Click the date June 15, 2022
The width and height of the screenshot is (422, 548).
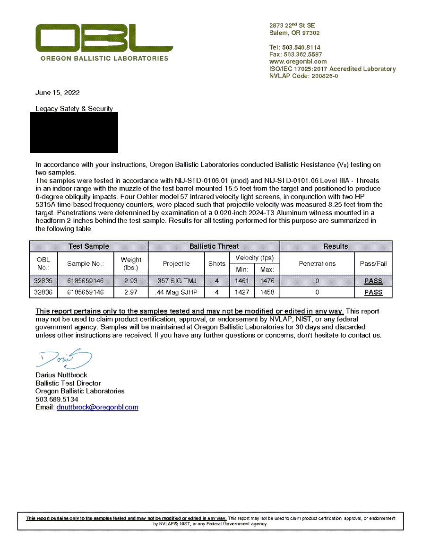pyautogui.click(x=58, y=93)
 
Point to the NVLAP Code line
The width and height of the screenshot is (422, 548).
pyautogui.click(x=303, y=76)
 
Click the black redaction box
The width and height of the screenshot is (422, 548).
pyautogui.click(x=74, y=132)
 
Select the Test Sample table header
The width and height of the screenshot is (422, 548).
pyautogui.click(x=88, y=246)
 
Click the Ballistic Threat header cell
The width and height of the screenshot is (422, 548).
pyautogui.click(x=214, y=246)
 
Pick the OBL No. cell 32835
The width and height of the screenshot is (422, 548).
pyautogui.click(x=43, y=281)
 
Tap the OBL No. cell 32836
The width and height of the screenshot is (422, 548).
pyautogui.click(x=43, y=292)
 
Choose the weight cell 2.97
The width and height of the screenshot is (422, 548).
pyautogui.click(x=131, y=292)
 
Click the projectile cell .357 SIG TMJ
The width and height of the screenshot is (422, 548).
pyautogui.click(x=176, y=281)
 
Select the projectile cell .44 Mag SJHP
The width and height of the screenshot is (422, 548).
pyautogui.click(x=176, y=292)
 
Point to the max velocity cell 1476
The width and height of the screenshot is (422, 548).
pyautogui.click(x=267, y=281)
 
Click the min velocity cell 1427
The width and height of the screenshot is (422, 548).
pyautogui.click(x=241, y=292)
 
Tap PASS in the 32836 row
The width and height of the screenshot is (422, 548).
pyautogui.click(x=373, y=292)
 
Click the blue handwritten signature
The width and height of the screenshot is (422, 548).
pyautogui.click(x=64, y=360)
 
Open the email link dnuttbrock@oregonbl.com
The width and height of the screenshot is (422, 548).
pyautogui.click(x=97, y=407)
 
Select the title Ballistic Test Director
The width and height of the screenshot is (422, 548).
pyautogui.click(x=68, y=383)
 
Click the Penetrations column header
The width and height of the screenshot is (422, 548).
pyautogui.click(x=317, y=263)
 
